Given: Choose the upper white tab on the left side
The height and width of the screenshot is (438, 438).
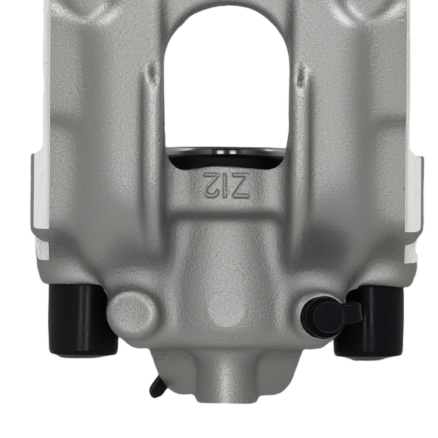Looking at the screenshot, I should [41, 193].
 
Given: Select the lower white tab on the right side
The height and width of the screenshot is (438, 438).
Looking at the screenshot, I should [412, 254].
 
